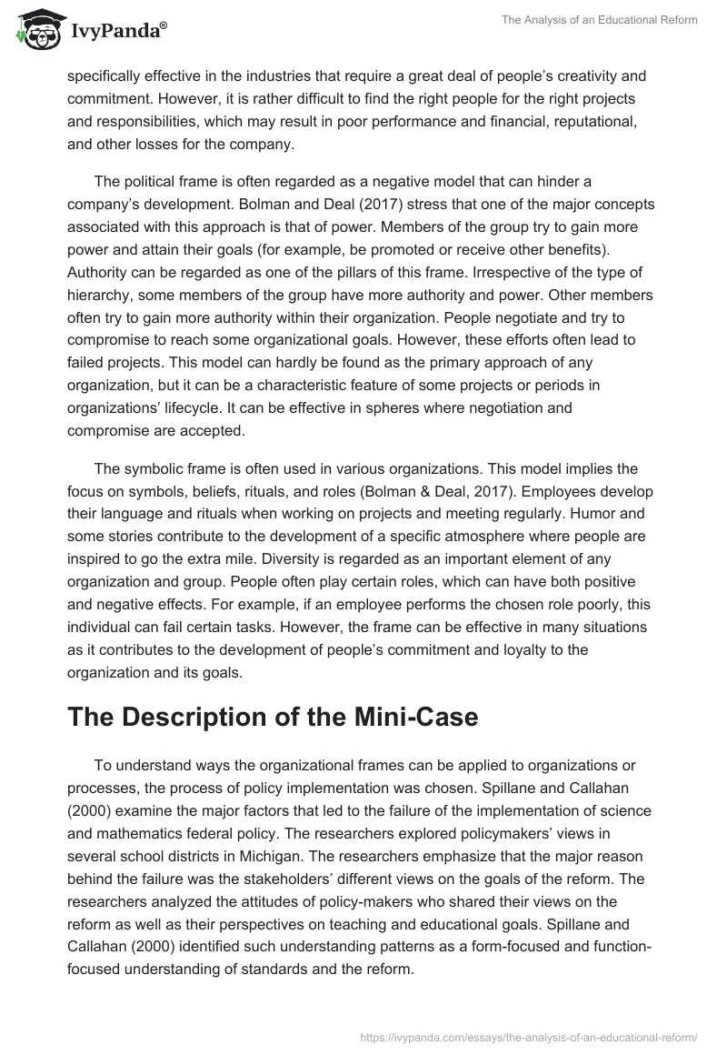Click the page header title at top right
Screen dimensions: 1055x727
(x=599, y=20)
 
